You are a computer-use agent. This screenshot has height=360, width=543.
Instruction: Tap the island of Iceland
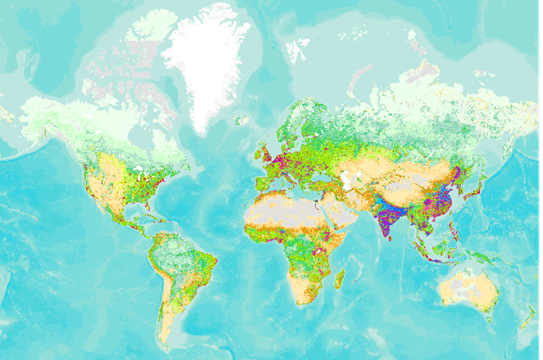pyautogui.click(x=241, y=121)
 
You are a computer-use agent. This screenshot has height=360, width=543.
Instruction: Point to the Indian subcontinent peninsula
pyautogui.click(x=388, y=218)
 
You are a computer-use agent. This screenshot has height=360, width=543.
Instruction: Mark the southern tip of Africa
pyautogui.click(x=302, y=302)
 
